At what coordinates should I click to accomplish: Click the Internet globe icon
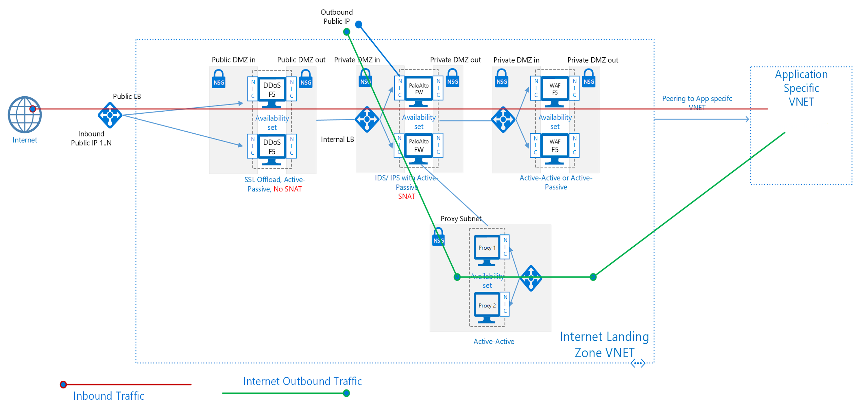[x=24, y=114]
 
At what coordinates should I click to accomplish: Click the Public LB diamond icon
[x=110, y=115]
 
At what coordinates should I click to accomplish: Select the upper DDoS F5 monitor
[x=272, y=91]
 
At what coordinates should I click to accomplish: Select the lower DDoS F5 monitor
[x=272, y=148]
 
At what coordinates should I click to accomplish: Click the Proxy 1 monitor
[x=487, y=249]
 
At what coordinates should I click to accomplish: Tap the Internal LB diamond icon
[x=367, y=119]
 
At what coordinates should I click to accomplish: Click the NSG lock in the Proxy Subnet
[x=438, y=237]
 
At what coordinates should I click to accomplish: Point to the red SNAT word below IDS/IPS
[x=406, y=196]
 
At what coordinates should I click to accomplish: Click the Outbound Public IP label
[x=336, y=17]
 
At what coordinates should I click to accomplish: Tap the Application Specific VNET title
[x=801, y=88]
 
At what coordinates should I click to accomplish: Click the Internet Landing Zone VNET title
[x=604, y=345]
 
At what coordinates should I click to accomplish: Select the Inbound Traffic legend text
[x=109, y=396]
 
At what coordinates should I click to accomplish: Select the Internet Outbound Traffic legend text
[x=302, y=381]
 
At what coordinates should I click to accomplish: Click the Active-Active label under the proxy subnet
[x=493, y=342]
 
